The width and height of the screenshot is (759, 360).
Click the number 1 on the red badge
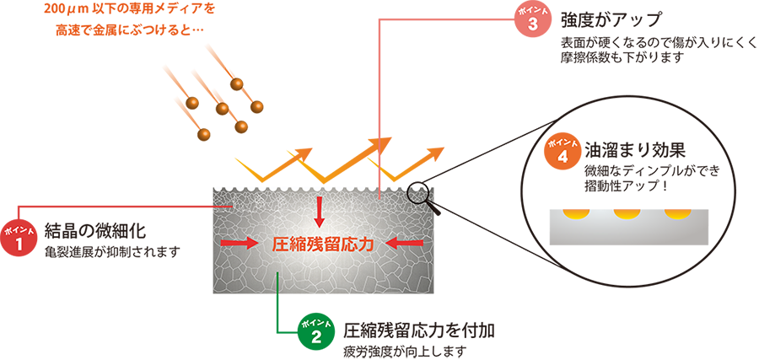coord(19,246)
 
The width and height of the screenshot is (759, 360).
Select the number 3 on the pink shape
coord(532,24)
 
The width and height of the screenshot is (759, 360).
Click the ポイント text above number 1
coord(19,229)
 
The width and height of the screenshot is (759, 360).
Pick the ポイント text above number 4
coord(562,140)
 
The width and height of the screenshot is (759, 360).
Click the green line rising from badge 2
coord(279,292)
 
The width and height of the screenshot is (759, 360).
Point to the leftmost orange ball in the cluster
coord(192,102)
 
